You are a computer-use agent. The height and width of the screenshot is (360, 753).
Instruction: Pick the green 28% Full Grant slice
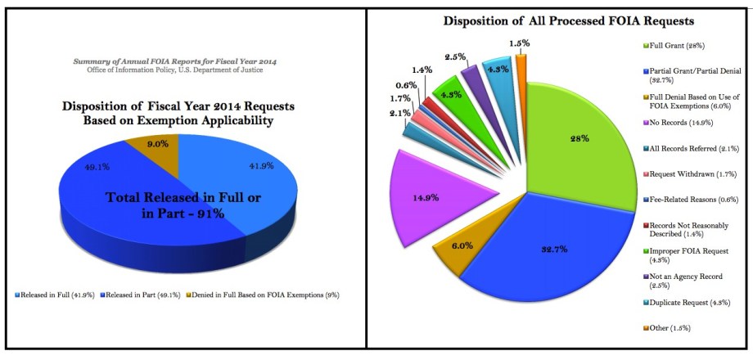tap(581, 139)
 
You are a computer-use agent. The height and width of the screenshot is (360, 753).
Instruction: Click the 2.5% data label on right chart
tap(456, 56)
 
